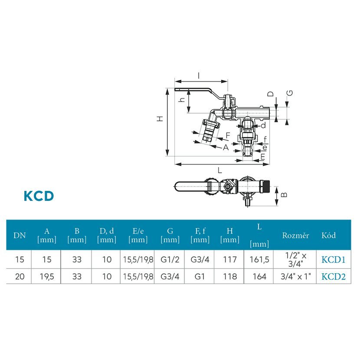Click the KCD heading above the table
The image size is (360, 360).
click(39, 196)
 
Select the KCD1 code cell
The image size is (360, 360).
click(333, 260)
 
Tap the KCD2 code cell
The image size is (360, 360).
click(333, 276)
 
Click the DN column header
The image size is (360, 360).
click(20, 236)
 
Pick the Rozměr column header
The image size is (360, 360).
click(295, 236)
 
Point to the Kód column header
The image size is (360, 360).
click(329, 236)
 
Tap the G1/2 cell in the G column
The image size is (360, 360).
click(170, 260)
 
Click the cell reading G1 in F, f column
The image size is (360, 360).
click(200, 276)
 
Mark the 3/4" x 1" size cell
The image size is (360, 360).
click(295, 276)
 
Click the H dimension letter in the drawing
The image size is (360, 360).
click(160, 118)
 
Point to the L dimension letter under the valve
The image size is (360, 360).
click(220, 170)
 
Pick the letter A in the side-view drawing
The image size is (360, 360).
click(225, 147)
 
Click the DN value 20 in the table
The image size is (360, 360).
click(20, 276)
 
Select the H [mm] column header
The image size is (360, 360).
click(229, 236)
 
